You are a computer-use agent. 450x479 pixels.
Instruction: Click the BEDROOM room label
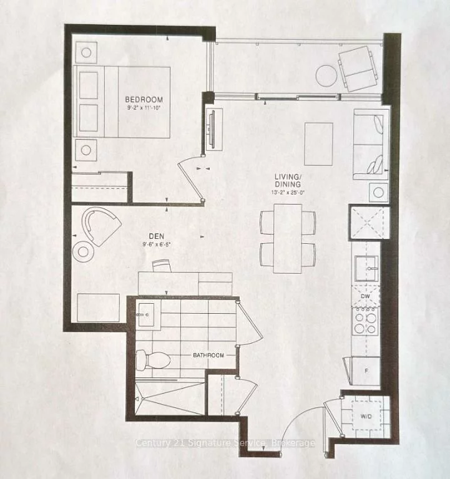click(144, 99)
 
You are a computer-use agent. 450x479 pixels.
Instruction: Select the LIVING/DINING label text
click(288, 180)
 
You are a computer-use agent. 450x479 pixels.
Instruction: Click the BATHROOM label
click(208, 355)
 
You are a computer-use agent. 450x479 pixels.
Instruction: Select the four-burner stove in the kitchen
click(365, 322)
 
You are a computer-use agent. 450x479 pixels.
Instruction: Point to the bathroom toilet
click(152, 359)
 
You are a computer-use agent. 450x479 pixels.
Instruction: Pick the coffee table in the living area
click(318, 143)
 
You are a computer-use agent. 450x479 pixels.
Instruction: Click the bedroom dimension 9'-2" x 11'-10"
click(144, 107)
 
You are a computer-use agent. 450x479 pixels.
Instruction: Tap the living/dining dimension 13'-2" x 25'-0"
click(288, 193)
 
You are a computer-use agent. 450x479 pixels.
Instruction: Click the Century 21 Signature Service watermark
click(225, 443)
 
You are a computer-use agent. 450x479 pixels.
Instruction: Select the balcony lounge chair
click(358, 67)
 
